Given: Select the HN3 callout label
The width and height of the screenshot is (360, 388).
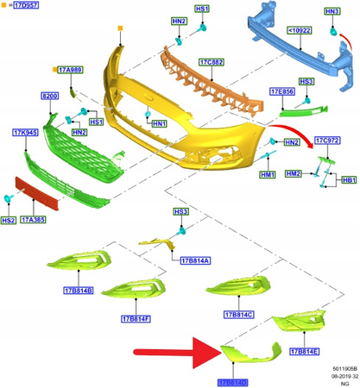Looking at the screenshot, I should tap(332, 10).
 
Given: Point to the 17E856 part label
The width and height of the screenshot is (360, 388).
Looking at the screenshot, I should tap(281, 91).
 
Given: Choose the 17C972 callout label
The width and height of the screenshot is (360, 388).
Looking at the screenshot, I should tap(325, 140).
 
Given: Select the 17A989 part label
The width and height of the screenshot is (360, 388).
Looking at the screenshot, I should tap(70, 69).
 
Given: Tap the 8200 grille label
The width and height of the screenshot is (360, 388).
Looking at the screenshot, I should tap(50, 97).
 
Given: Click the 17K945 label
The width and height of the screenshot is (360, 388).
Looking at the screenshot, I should tap(25, 134).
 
